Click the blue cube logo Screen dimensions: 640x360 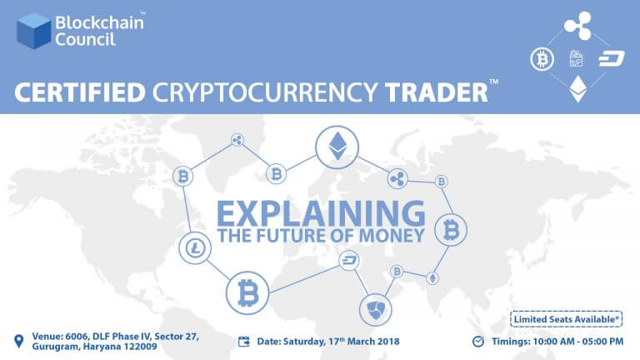(x=34, y=31)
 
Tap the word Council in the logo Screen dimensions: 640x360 (x=85, y=40)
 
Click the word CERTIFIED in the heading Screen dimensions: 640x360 (x=80, y=92)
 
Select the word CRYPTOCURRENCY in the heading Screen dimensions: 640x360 (x=265, y=92)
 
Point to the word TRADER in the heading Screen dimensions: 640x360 (x=437, y=92)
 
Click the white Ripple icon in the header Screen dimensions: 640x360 (x=578, y=25)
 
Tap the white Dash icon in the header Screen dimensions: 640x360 (x=612, y=58)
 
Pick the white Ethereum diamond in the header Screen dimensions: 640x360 (x=578, y=89)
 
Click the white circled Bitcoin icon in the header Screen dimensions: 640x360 (x=542, y=59)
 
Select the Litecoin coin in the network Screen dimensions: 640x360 (x=195, y=247)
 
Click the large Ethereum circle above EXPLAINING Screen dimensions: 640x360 (x=337, y=147)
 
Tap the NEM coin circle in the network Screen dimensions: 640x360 (x=376, y=310)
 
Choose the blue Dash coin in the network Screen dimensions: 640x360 (x=349, y=260)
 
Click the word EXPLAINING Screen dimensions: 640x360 (x=321, y=213)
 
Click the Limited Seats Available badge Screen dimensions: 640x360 (x=566, y=319)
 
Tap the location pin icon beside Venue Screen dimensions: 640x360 (x=19, y=341)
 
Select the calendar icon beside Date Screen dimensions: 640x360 (x=243, y=341)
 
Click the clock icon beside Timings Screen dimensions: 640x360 (x=478, y=341)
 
